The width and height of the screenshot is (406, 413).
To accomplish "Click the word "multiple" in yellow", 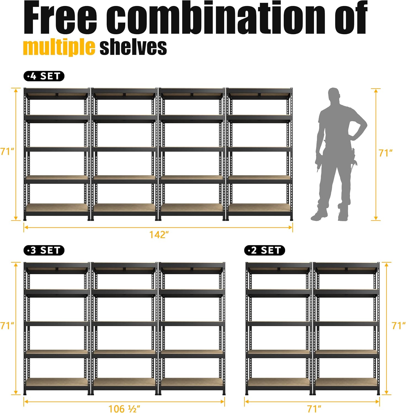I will tap(59, 47).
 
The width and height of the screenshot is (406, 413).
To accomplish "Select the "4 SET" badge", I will tap(44, 76).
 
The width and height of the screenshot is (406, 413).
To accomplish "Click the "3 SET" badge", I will tap(44, 250).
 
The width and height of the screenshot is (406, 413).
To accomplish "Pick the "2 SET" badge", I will tap(265, 250).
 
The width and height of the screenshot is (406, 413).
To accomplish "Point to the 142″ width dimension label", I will tap(159, 235).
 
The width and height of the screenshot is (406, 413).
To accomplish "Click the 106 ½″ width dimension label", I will tap(124, 409).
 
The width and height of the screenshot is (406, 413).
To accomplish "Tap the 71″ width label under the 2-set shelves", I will tap(314, 409).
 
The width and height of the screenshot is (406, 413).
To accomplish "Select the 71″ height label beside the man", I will tap(386, 153).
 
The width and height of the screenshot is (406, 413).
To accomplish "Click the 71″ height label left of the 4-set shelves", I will tap(7, 151).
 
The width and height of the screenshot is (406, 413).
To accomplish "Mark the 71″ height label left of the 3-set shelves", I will tap(7, 326).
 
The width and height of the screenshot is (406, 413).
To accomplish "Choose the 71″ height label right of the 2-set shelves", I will tap(399, 326).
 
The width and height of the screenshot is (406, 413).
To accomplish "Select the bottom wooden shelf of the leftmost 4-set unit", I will tap(57, 208).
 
